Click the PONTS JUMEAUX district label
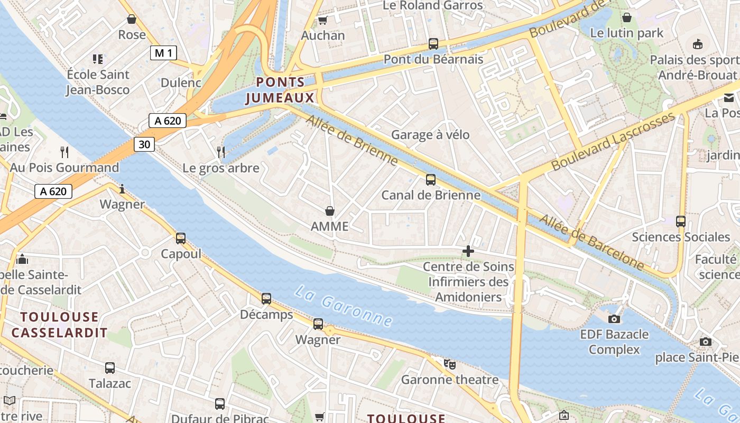pyautogui.click(x=280, y=90)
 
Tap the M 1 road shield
pyautogui.click(x=163, y=53)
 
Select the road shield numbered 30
pyautogui.click(x=144, y=144)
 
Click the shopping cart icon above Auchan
pyautogui.click(x=322, y=21)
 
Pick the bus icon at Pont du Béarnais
pyautogui.click(x=433, y=44)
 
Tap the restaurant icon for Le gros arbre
pyautogui.click(x=221, y=152)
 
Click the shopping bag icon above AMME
pyautogui.click(x=330, y=211)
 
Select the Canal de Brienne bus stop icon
pyautogui.click(x=431, y=180)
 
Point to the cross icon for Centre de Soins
pyautogui.click(x=468, y=251)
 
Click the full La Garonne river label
pyautogui.click(x=344, y=306)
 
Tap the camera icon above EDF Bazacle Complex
pyautogui.click(x=614, y=319)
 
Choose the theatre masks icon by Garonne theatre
pyautogui.click(x=450, y=364)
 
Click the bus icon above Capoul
pyautogui.click(x=181, y=238)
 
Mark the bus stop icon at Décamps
pyautogui.click(x=266, y=299)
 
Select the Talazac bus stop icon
pyautogui.click(x=110, y=368)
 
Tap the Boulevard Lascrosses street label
pyautogui.click(x=613, y=141)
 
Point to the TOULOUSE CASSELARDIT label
pyautogui.click(x=60, y=325)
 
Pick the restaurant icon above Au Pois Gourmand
pyautogui.click(x=64, y=152)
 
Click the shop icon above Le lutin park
pyautogui.click(x=627, y=17)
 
